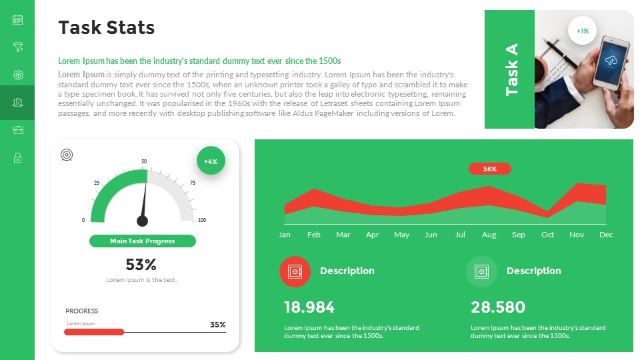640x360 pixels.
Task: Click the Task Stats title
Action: (x=107, y=27)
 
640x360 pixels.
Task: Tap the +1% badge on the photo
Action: (x=583, y=31)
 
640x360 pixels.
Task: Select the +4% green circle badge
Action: (x=211, y=161)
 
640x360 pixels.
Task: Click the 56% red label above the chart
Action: (x=490, y=169)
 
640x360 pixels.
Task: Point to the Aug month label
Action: (x=489, y=235)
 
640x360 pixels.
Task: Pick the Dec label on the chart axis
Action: (x=606, y=235)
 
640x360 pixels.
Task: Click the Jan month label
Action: (x=285, y=235)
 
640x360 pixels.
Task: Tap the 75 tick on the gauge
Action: (x=193, y=183)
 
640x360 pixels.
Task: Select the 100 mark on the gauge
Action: (x=202, y=220)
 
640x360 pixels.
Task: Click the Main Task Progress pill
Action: (x=143, y=241)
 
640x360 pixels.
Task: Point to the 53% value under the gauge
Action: (x=141, y=265)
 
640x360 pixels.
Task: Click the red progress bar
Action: (x=94, y=332)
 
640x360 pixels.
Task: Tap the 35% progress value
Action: (x=218, y=325)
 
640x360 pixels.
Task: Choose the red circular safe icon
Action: (x=295, y=271)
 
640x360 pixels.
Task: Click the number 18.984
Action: (x=309, y=307)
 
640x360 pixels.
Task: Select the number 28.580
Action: (x=498, y=307)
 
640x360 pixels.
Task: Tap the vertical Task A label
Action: (x=512, y=69)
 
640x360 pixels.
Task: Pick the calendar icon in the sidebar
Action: (x=17, y=20)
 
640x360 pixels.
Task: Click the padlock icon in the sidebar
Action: (x=17, y=158)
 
